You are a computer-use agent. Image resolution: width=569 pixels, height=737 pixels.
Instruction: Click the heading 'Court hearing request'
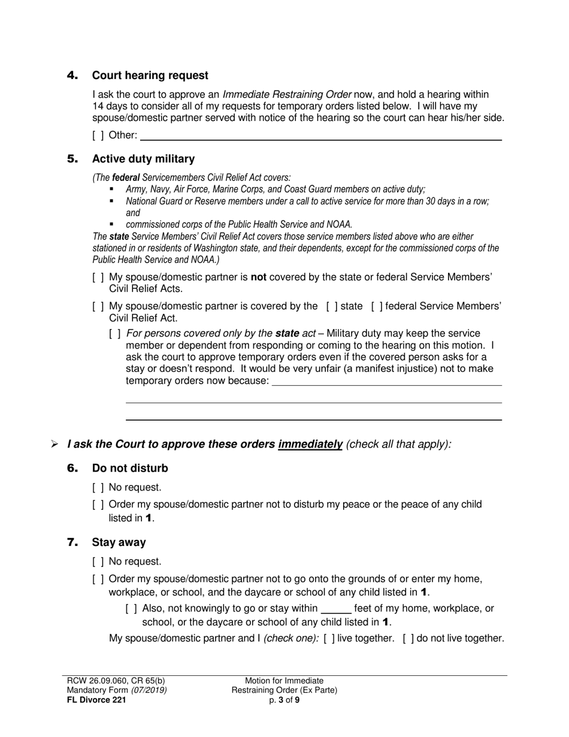click(x=150, y=75)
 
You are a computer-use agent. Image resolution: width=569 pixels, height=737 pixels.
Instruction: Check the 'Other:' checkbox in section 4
click(x=98, y=135)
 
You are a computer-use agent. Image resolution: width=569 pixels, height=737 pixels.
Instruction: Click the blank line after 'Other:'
click(x=320, y=137)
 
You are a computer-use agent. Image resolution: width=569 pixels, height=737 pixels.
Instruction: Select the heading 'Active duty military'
click(x=143, y=159)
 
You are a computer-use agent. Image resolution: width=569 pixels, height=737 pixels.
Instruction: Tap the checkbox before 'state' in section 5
click(x=332, y=306)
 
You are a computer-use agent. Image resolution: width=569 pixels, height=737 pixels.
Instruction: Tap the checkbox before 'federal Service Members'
click(x=377, y=306)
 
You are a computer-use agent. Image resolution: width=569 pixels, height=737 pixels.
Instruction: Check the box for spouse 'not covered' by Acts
click(x=98, y=277)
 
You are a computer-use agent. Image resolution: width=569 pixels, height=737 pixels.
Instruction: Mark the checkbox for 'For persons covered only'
click(x=115, y=333)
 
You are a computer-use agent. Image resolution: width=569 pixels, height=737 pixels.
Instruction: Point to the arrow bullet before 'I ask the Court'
click(x=55, y=445)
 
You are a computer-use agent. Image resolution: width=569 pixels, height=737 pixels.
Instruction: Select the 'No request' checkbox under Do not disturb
click(x=98, y=488)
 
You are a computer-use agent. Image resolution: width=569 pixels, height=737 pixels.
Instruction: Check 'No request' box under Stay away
click(x=98, y=561)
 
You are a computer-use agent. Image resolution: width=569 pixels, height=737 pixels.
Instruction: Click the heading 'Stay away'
click(x=119, y=542)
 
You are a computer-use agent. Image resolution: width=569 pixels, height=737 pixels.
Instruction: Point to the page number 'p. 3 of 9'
click(x=284, y=699)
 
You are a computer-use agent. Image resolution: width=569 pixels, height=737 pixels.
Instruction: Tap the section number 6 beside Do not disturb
click(x=72, y=468)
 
